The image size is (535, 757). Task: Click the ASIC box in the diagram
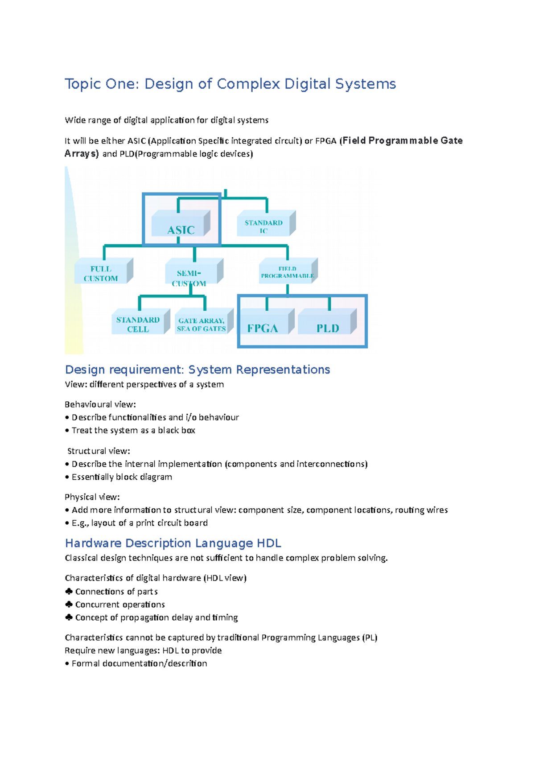[181, 224]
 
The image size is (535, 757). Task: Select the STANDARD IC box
[263, 225]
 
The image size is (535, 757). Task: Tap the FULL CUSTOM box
[101, 272]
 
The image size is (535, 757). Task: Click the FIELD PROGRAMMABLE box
[287, 272]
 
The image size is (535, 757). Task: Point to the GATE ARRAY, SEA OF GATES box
[202, 324]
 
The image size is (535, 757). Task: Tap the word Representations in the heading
[283, 370]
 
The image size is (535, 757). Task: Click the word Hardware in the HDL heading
[93, 543]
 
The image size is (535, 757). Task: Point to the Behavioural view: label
[100, 404]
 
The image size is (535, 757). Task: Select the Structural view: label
[99, 451]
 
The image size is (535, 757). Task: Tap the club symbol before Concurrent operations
[69, 604]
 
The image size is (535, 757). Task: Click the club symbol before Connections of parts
[69, 591]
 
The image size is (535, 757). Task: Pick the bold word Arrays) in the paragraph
[82, 154]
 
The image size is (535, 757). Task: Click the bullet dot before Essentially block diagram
[67, 477]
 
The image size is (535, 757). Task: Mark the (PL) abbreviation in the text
[370, 638]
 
